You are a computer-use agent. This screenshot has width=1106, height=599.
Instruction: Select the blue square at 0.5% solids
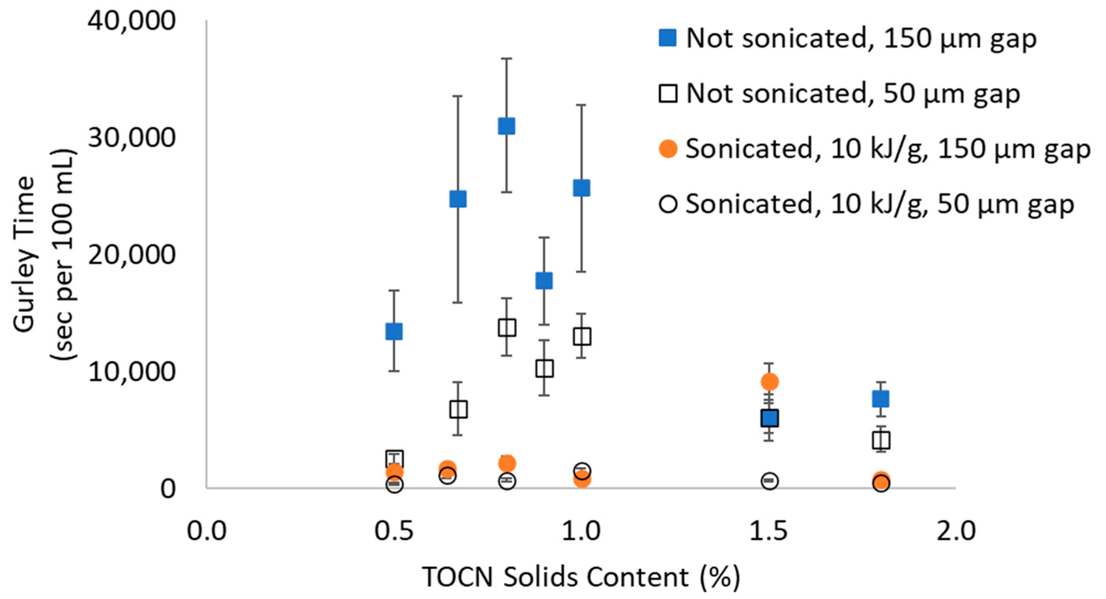pyautogui.click(x=394, y=331)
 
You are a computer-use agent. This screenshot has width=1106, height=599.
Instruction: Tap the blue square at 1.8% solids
pyautogui.click(x=880, y=399)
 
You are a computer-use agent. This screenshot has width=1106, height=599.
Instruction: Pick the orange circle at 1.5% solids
pyautogui.click(x=769, y=382)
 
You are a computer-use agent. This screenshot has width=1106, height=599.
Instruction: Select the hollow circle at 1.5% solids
pyautogui.click(x=769, y=481)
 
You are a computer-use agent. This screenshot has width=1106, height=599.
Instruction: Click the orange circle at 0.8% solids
pyautogui.click(x=507, y=463)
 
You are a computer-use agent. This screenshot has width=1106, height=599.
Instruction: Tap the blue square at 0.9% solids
pyautogui.click(x=544, y=281)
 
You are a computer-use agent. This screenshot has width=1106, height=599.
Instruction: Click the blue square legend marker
pyautogui.click(x=668, y=38)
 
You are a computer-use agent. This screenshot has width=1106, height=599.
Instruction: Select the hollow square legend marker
pyautogui.click(x=668, y=93)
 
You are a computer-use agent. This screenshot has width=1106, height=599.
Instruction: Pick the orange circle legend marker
pyautogui.click(x=668, y=149)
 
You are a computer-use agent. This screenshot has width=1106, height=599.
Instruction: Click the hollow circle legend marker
pyautogui.click(x=668, y=204)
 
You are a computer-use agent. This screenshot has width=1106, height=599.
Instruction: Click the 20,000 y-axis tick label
pyautogui.click(x=132, y=255)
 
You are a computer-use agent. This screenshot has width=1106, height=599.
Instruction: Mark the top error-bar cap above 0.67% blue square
pyautogui.click(x=458, y=96)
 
